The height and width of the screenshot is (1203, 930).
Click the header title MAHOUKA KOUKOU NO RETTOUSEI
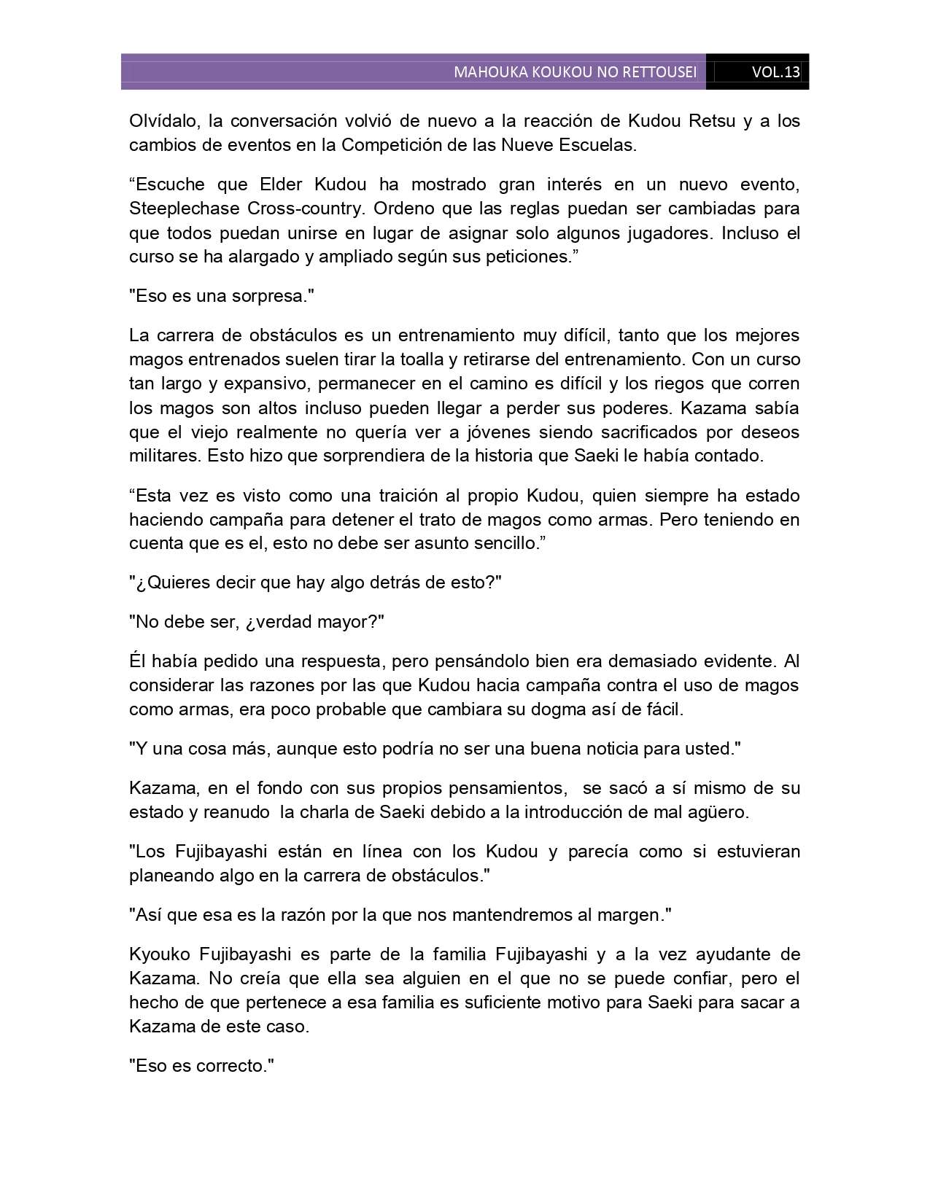pyautogui.click(x=575, y=72)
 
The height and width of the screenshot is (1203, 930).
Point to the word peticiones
pyautogui.click(x=524, y=257)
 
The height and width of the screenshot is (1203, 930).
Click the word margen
pyautogui.click(x=636, y=915)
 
